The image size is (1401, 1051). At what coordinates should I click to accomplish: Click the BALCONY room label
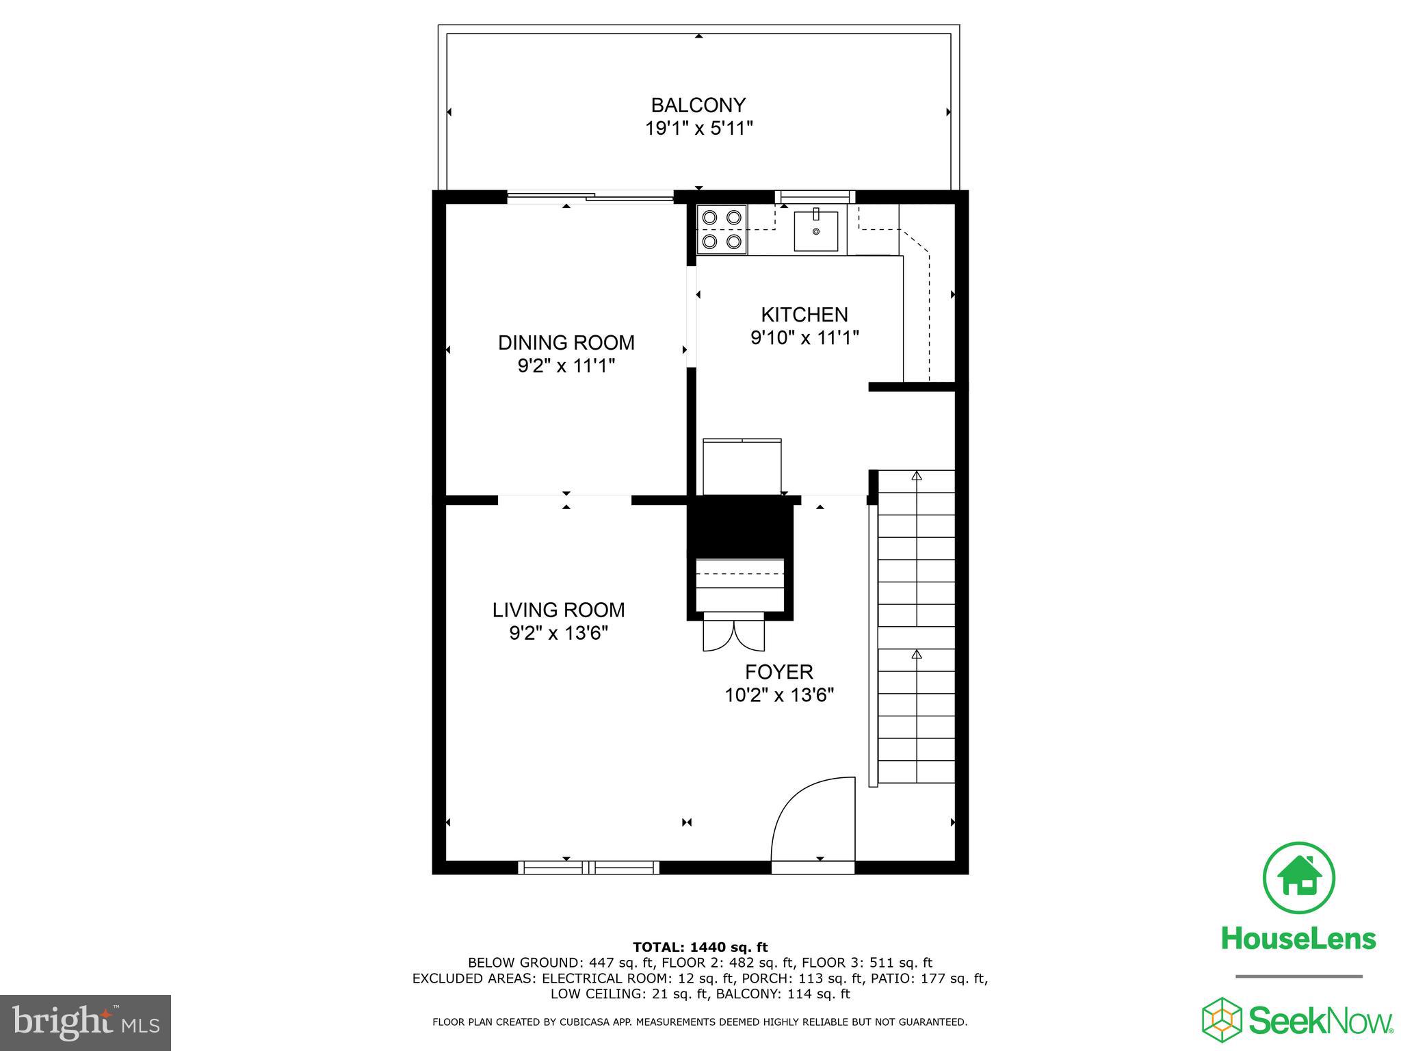tap(698, 105)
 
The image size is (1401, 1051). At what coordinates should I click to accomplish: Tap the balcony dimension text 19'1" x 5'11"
tap(698, 129)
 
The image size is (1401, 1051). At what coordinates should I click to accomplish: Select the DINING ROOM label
tap(566, 343)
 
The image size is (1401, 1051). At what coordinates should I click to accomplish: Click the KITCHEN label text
tap(804, 315)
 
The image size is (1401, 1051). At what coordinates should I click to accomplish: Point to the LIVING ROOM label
tap(558, 610)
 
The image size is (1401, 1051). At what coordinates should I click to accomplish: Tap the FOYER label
tap(779, 672)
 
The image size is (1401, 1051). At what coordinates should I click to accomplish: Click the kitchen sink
tap(815, 231)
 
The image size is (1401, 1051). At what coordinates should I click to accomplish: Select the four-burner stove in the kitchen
tap(722, 229)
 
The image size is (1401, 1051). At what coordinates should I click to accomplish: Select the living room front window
tap(588, 868)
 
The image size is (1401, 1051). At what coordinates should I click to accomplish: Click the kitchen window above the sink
tap(815, 197)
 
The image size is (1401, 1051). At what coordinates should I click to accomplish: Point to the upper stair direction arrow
tap(917, 475)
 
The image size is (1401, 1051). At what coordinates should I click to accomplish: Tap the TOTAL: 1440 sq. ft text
tap(700, 948)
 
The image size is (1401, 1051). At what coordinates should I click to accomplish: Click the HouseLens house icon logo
tap(1298, 879)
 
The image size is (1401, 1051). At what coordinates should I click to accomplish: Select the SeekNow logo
tap(1298, 1020)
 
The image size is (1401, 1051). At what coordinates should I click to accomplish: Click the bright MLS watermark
tap(86, 1023)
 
